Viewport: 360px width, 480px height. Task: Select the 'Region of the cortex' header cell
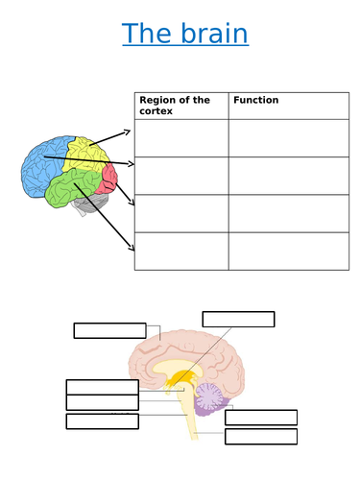(x=181, y=105)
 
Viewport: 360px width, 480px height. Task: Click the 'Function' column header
(x=288, y=100)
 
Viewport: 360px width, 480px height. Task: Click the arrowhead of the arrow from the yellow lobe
(x=129, y=132)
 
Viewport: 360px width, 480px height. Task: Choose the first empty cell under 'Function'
(x=288, y=137)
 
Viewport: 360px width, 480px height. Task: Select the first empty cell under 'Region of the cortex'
(x=181, y=137)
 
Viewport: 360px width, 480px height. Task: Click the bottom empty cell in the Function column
(x=288, y=251)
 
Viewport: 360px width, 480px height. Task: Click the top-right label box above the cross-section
(x=238, y=319)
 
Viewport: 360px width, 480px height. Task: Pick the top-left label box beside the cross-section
(x=109, y=330)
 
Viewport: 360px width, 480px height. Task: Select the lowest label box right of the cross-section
(x=260, y=437)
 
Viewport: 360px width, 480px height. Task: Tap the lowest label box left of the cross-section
(x=102, y=421)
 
